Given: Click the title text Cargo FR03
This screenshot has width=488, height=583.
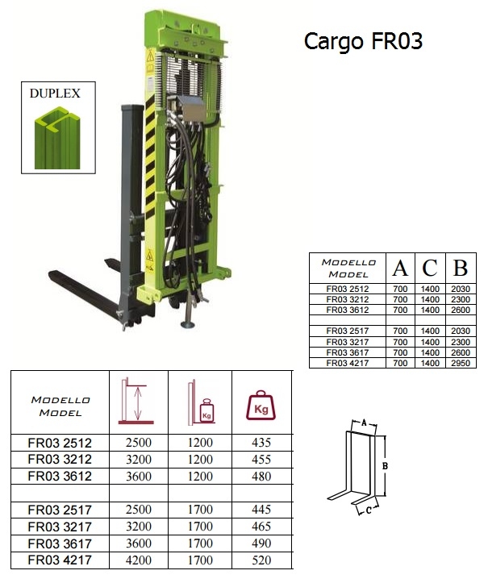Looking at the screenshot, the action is point(363,42).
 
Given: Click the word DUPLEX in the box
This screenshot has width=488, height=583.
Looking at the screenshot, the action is point(55,93).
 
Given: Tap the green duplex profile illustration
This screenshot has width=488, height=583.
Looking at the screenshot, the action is point(57,138).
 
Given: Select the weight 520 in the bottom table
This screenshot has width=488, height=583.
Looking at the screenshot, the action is point(261,560).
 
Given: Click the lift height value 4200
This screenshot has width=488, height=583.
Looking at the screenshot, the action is point(139,560).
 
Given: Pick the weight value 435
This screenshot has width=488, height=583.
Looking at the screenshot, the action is point(261,443).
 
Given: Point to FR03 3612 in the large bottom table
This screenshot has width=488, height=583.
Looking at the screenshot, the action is point(60,477).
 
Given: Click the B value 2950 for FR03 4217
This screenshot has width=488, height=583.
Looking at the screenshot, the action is point(461,363).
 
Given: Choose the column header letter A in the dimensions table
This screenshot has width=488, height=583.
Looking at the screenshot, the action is point(400,268).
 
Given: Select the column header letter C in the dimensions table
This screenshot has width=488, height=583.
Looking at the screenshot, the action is point(430,268).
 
